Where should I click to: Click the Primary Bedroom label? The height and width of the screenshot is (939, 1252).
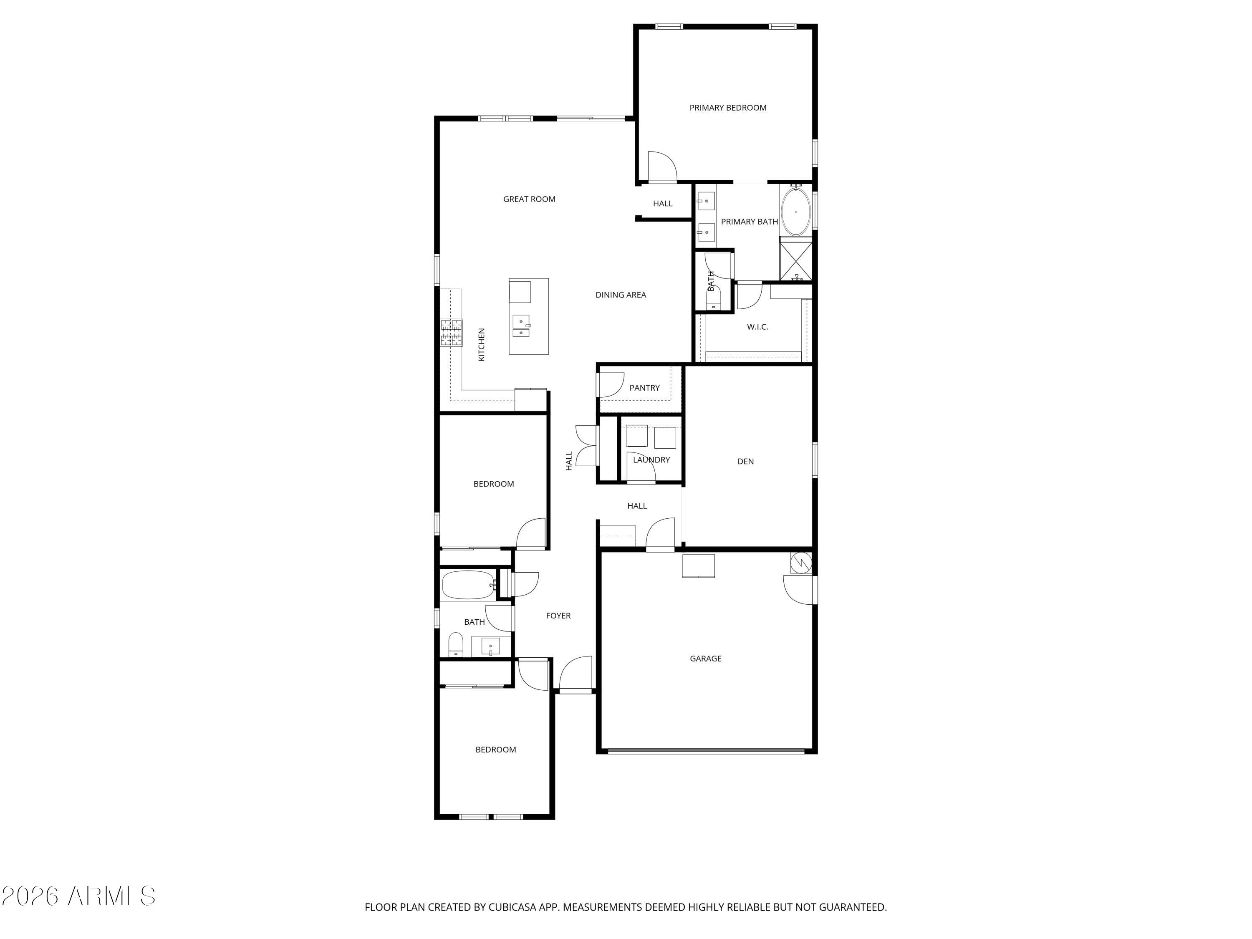point(727,108)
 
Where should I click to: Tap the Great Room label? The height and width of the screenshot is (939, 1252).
point(529,199)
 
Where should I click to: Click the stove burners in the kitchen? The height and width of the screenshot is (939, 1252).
point(452,333)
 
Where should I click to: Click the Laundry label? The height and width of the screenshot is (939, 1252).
point(651,459)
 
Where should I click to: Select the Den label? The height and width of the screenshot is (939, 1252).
point(745,461)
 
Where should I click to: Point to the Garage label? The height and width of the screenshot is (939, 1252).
point(705,658)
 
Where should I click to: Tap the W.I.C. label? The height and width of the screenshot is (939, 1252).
point(757,327)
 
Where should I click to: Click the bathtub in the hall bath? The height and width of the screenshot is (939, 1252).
point(468,585)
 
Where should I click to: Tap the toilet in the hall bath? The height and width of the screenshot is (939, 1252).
point(456,645)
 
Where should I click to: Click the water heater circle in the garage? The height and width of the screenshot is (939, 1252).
point(801,563)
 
